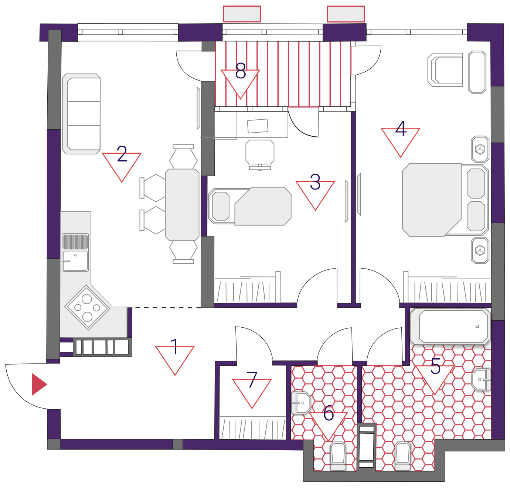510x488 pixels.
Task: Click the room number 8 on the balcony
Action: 240,71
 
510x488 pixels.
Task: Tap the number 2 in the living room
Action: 122,154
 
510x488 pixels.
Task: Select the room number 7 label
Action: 252,379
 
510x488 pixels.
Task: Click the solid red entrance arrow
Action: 39,384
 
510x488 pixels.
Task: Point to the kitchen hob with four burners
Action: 87,307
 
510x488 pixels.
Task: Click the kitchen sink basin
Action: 75,261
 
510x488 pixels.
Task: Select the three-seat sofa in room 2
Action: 81,114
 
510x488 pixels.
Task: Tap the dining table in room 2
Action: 182,205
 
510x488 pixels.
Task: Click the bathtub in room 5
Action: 450,326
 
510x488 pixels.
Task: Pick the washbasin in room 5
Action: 481,379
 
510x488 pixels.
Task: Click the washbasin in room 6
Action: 302,403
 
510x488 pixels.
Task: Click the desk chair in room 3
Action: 260,155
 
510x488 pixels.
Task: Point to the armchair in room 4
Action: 445,70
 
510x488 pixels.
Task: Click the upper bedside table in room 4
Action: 480,149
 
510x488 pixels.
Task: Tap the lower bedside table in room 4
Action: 480,250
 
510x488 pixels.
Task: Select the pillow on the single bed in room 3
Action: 220,206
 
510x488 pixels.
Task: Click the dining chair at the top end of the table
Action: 183,157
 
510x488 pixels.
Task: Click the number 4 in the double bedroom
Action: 401,128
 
